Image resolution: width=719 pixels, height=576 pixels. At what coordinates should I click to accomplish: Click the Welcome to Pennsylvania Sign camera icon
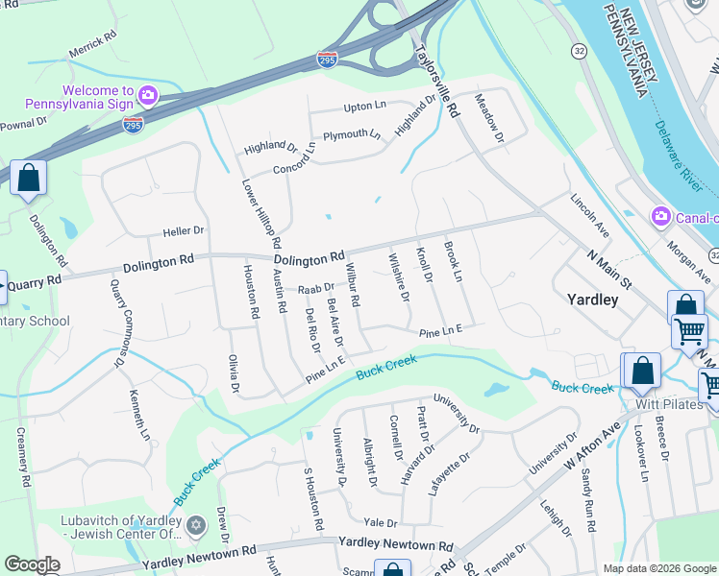[147, 94]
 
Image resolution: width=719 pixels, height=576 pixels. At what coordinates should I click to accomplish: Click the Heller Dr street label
[184, 231]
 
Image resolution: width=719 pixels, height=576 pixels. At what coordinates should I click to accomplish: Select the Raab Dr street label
[315, 287]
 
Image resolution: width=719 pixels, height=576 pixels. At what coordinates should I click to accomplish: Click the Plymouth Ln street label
[351, 135]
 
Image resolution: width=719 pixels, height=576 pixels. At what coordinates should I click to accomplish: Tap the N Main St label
[609, 268]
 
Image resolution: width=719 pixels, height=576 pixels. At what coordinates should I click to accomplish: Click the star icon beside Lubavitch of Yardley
[197, 526]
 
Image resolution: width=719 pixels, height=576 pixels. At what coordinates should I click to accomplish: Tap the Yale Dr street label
[381, 522]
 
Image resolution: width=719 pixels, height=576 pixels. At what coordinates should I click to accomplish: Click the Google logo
[33, 564]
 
